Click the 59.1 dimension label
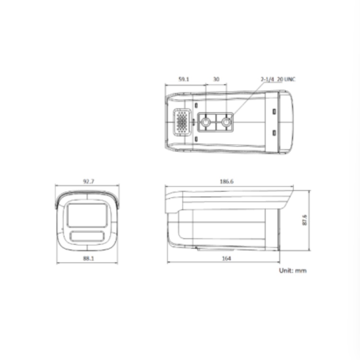184,79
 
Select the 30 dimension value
216,79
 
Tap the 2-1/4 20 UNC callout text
278,79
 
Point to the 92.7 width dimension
88,181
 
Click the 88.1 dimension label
88,258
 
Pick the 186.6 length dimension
227,181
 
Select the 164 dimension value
227,258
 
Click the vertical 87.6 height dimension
305,220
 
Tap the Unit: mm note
293,270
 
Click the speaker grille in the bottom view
182,122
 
